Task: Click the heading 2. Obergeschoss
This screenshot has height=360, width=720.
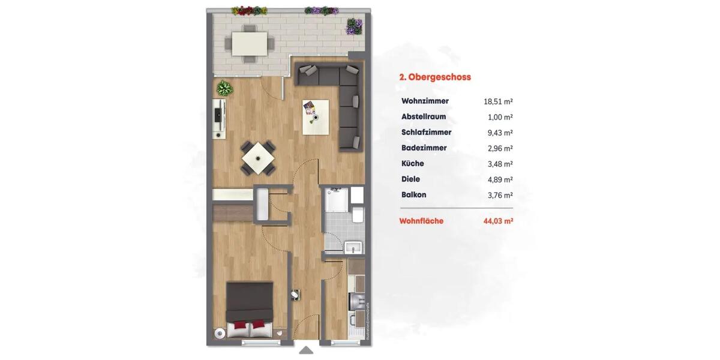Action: click(435, 77)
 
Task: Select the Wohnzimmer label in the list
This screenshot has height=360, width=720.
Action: click(425, 101)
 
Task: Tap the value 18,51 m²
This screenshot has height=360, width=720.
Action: click(498, 102)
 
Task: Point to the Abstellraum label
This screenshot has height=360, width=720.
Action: click(424, 117)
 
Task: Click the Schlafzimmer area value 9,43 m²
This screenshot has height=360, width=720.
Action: click(500, 133)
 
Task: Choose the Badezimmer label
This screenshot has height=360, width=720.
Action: click(424, 148)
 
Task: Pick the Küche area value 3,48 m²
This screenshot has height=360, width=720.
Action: click(500, 164)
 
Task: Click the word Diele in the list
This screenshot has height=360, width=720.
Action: click(410, 179)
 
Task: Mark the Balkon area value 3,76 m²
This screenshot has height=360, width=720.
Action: click(500, 195)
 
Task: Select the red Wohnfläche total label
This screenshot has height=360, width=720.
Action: click(421, 221)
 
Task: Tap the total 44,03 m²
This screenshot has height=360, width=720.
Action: click(498, 221)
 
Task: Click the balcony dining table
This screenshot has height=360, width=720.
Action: click(249, 43)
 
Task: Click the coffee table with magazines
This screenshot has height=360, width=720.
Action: click(316, 116)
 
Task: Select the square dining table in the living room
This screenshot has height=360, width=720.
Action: click(259, 158)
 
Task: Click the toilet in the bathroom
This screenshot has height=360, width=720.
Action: click(357, 215)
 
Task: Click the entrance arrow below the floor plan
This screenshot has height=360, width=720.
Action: click(306, 350)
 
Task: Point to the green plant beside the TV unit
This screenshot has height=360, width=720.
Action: click(225, 89)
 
